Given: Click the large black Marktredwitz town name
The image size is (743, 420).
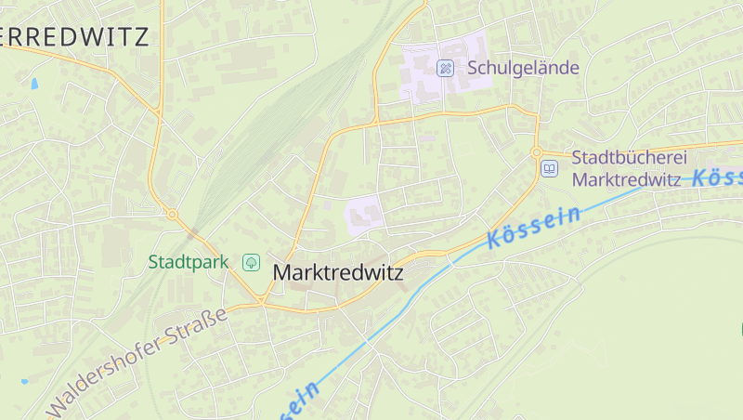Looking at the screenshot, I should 338,274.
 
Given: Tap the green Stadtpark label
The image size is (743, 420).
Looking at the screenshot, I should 189,262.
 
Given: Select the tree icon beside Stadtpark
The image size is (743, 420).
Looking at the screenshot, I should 250,263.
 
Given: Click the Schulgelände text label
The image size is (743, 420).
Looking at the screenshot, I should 523,68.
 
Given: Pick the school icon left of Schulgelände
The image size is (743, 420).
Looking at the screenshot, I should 445,67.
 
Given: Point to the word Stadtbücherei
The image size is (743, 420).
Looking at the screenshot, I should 629,157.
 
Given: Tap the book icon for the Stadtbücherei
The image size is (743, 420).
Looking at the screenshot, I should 549,168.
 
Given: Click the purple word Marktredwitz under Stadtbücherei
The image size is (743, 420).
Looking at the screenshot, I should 627,179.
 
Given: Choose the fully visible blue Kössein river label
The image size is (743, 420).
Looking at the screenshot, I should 533,227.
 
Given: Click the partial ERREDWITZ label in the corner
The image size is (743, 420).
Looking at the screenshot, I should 74,37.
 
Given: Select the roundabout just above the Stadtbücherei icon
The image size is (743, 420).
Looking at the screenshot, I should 536,151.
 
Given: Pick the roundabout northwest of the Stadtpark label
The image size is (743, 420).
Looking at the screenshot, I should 172,215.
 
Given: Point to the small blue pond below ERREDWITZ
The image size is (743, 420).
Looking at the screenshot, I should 34,84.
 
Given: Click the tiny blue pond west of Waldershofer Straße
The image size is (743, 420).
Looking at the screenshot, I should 25,381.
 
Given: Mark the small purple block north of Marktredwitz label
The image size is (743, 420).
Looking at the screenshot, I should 365,215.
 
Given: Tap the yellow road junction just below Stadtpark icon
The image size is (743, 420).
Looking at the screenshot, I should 263,301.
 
